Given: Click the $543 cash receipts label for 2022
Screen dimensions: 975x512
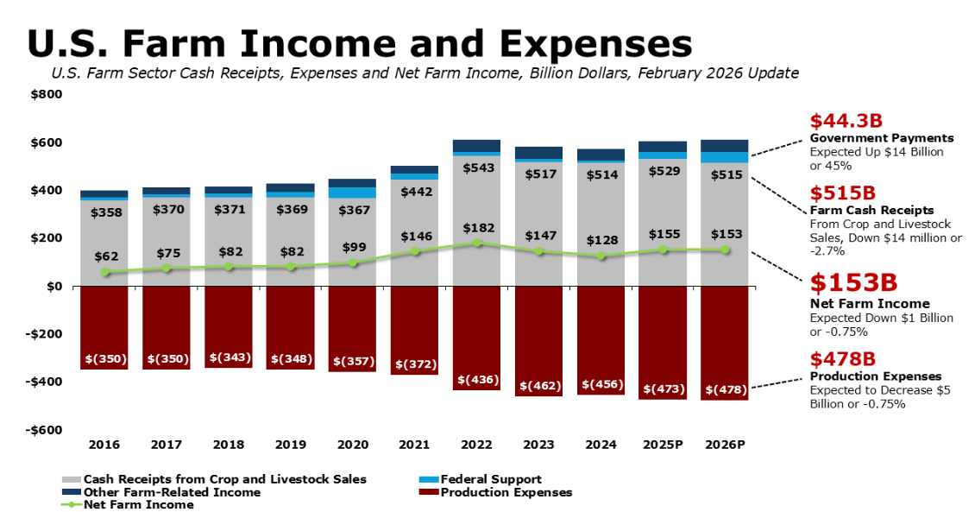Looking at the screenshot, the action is [478, 168].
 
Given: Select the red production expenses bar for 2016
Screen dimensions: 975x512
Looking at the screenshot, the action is [104, 328].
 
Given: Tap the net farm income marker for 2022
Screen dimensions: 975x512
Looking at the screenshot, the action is [477, 243].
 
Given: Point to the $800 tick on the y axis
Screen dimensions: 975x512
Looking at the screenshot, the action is [47, 95].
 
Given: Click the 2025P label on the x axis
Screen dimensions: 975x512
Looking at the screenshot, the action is [663, 445].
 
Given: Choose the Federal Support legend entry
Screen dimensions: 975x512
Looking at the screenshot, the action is [480, 479].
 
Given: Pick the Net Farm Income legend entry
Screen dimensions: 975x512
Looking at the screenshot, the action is [128, 504].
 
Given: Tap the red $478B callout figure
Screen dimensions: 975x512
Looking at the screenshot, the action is [842, 359].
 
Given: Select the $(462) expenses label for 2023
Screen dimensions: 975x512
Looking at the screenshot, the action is [540, 386].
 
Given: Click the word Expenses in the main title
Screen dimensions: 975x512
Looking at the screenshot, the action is [595, 43].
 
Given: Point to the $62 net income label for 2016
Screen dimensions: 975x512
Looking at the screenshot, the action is [106, 256].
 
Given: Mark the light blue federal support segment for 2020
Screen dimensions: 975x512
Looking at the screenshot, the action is [353, 193].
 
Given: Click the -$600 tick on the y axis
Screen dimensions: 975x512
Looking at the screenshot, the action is [44, 430].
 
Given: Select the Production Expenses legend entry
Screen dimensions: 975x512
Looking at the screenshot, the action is [495, 492].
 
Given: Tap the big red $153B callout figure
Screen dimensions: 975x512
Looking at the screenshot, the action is [853, 282].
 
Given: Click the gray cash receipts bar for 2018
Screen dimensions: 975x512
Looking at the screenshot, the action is [229, 242].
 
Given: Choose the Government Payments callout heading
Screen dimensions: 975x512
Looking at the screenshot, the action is [882, 138].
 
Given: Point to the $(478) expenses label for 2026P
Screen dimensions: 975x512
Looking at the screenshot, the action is [727, 390].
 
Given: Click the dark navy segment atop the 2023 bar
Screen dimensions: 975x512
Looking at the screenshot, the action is [538, 153].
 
